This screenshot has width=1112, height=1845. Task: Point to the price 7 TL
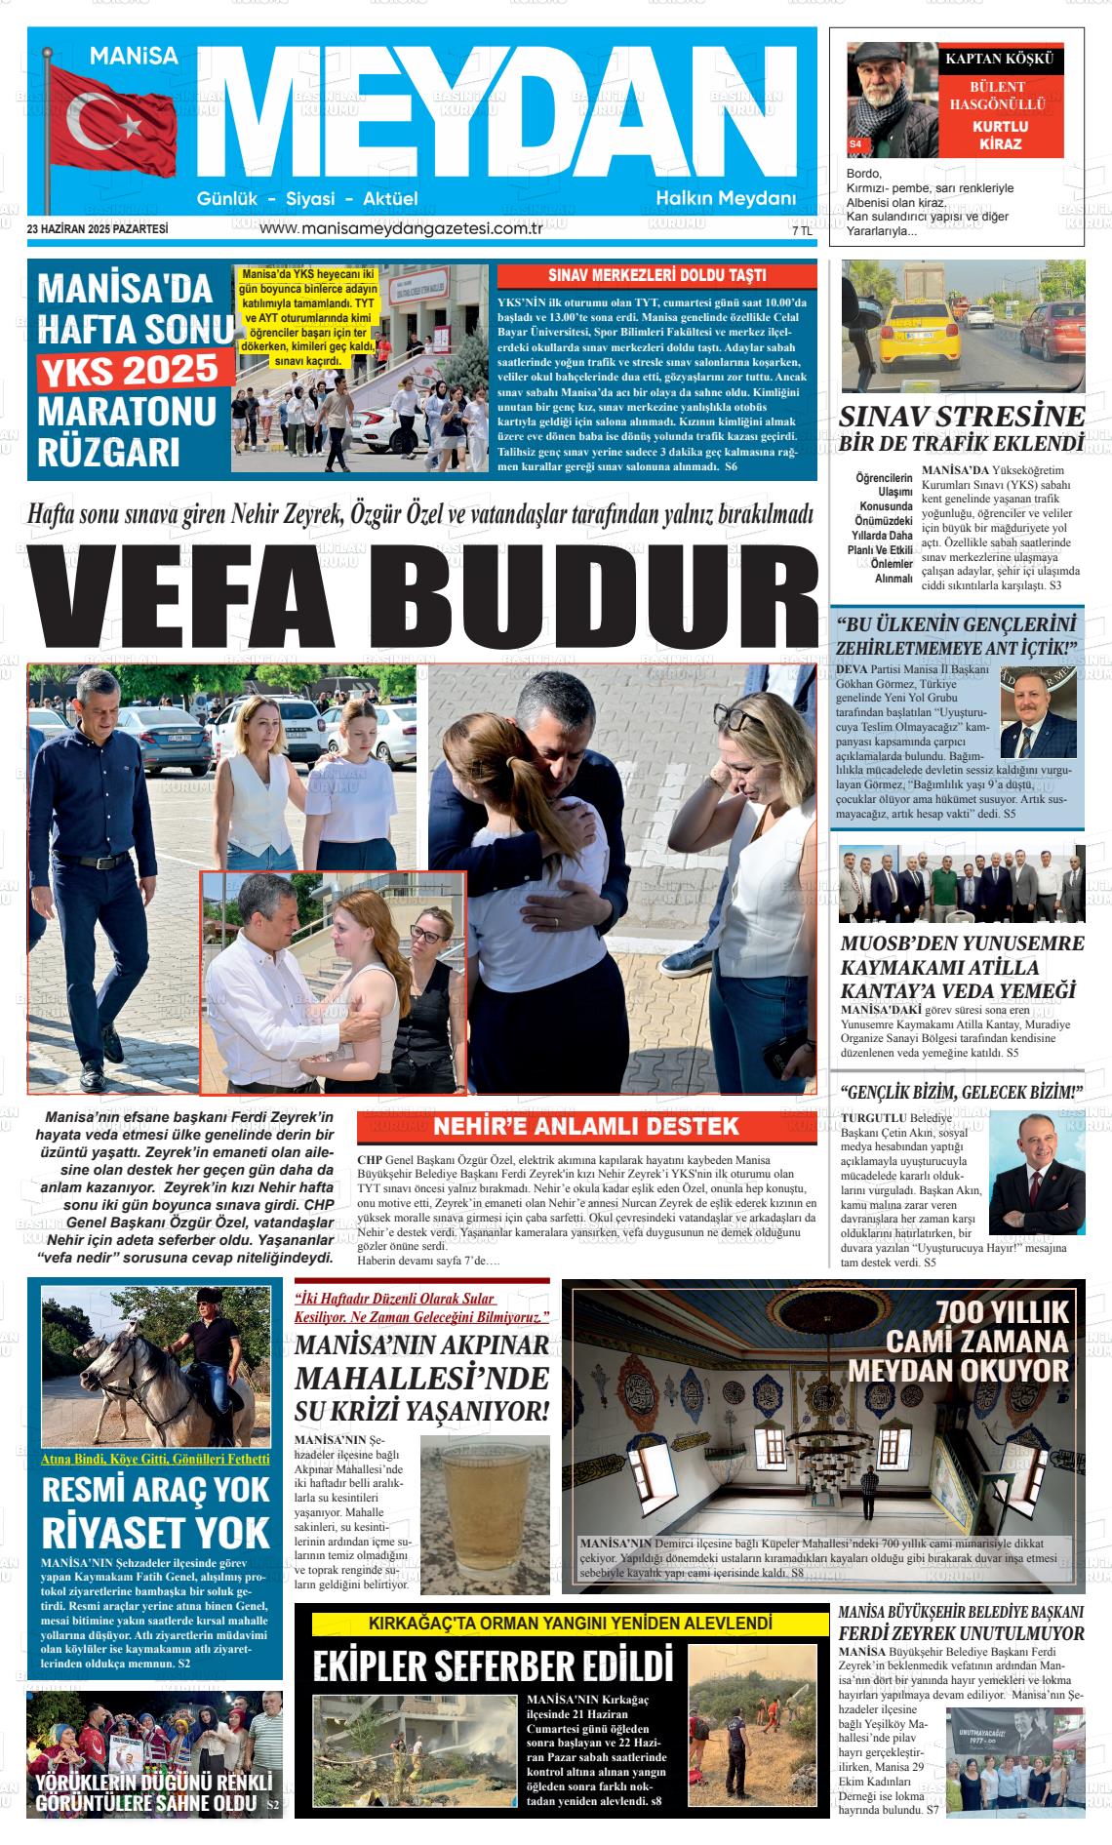tap(802, 231)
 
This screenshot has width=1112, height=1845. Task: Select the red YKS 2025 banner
tap(135, 371)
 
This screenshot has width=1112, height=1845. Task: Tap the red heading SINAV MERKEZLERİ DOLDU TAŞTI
tap(656, 275)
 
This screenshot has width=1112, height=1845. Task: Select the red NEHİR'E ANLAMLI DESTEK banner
tap(586, 1127)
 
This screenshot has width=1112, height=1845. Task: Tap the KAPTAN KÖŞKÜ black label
tap(1000, 60)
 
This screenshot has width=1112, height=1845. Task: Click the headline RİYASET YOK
tap(155, 1533)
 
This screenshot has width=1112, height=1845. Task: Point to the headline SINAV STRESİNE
tap(962, 417)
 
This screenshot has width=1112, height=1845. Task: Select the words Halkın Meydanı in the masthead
tap(726, 199)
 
